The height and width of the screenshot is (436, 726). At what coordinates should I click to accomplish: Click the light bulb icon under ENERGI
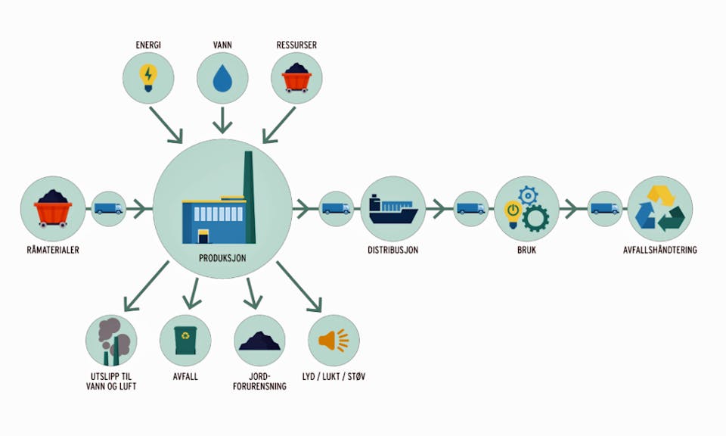(148, 76)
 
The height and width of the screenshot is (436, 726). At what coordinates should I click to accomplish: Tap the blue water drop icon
(222, 79)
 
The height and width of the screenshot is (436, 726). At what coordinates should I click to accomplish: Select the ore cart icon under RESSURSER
(296, 77)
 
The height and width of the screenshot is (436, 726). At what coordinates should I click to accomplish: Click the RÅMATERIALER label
(52, 249)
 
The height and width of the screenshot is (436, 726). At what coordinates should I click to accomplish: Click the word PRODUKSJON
(222, 257)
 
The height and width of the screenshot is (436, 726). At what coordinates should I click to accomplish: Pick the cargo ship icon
(392, 207)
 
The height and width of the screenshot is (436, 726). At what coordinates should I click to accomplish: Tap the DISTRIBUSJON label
(393, 249)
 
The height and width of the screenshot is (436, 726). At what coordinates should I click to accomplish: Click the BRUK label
(526, 249)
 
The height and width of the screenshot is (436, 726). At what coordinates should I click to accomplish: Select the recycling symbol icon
(659, 207)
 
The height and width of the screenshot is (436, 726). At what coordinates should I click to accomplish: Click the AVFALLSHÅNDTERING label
(659, 249)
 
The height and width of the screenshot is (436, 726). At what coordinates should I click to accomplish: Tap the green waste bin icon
(185, 341)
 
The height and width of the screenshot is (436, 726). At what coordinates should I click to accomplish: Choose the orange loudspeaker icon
(334, 341)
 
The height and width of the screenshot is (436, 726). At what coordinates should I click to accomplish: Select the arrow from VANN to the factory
(222, 119)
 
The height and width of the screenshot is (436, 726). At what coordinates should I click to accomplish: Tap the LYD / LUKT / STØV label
(334, 376)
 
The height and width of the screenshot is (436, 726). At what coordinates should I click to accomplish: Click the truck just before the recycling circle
(605, 208)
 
